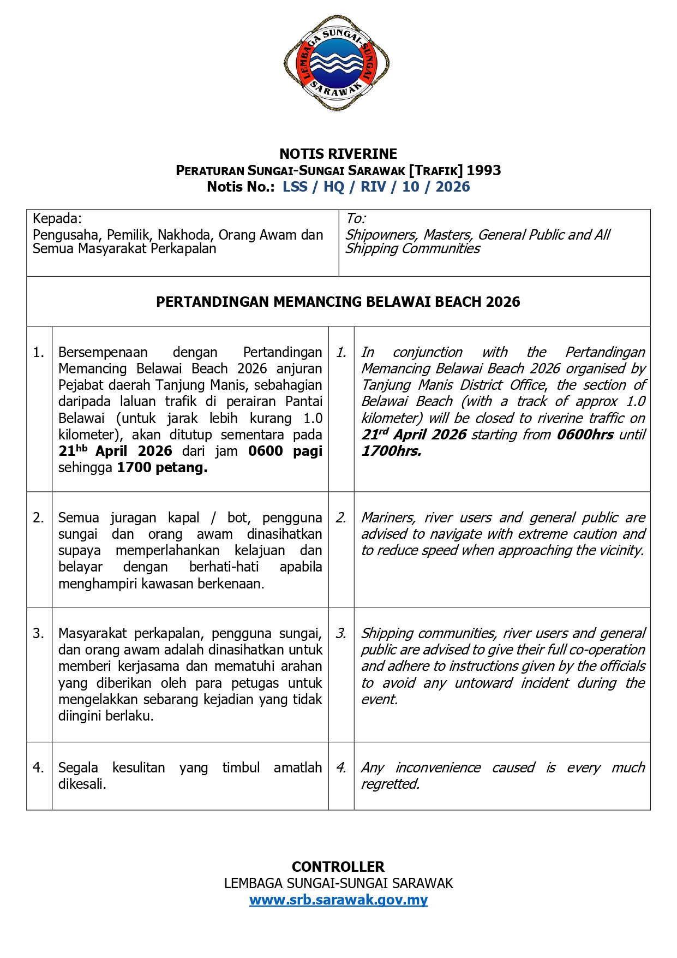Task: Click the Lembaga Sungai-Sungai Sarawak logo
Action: (337, 63)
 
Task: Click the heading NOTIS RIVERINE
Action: (338, 154)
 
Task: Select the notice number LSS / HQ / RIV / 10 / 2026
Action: (376, 187)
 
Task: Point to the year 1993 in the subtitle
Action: (483, 170)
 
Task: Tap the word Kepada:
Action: (57, 219)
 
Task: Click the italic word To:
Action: (356, 219)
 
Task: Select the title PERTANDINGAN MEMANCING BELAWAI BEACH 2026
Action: (338, 302)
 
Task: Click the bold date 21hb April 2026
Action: (115, 451)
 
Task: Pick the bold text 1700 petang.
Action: (162, 467)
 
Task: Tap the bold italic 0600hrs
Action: (585, 435)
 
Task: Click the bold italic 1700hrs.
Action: (391, 451)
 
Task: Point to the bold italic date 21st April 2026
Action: (414, 435)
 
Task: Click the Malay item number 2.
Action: (39, 517)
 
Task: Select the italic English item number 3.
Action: (341, 633)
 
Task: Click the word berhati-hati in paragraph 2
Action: (224, 567)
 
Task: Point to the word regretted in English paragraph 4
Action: (390, 784)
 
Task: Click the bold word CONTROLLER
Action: (338, 867)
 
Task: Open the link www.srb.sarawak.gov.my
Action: (338, 900)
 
